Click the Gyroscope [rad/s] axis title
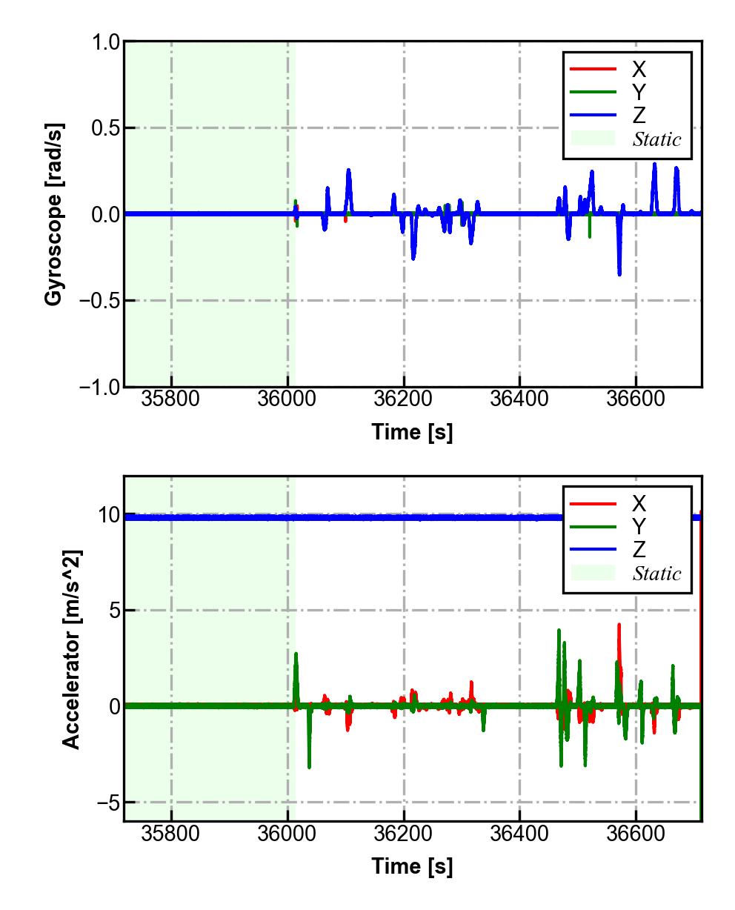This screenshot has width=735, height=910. [x=53, y=214]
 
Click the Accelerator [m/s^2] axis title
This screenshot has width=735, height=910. [x=71, y=649]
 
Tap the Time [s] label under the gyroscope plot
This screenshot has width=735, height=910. [x=412, y=432]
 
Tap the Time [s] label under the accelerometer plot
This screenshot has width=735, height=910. [x=412, y=866]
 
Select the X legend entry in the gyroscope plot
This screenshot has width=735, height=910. [x=638, y=70]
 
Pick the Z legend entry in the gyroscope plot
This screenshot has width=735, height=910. [x=638, y=116]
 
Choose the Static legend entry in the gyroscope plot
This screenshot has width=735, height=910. [x=656, y=139]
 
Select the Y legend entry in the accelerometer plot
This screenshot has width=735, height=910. [x=638, y=527]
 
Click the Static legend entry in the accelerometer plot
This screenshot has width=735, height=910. [x=656, y=574]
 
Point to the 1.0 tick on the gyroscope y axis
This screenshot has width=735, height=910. [x=107, y=42]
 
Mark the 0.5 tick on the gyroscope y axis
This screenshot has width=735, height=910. [x=107, y=128]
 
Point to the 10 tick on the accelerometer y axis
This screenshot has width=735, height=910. [x=108, y=515]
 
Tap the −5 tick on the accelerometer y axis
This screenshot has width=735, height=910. [x=108, y=803]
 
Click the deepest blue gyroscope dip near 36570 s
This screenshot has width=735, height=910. [x=619, y=274]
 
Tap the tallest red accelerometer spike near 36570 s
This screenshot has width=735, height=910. [x=619, y=625]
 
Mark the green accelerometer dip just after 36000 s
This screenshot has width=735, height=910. [x=309, y=766]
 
